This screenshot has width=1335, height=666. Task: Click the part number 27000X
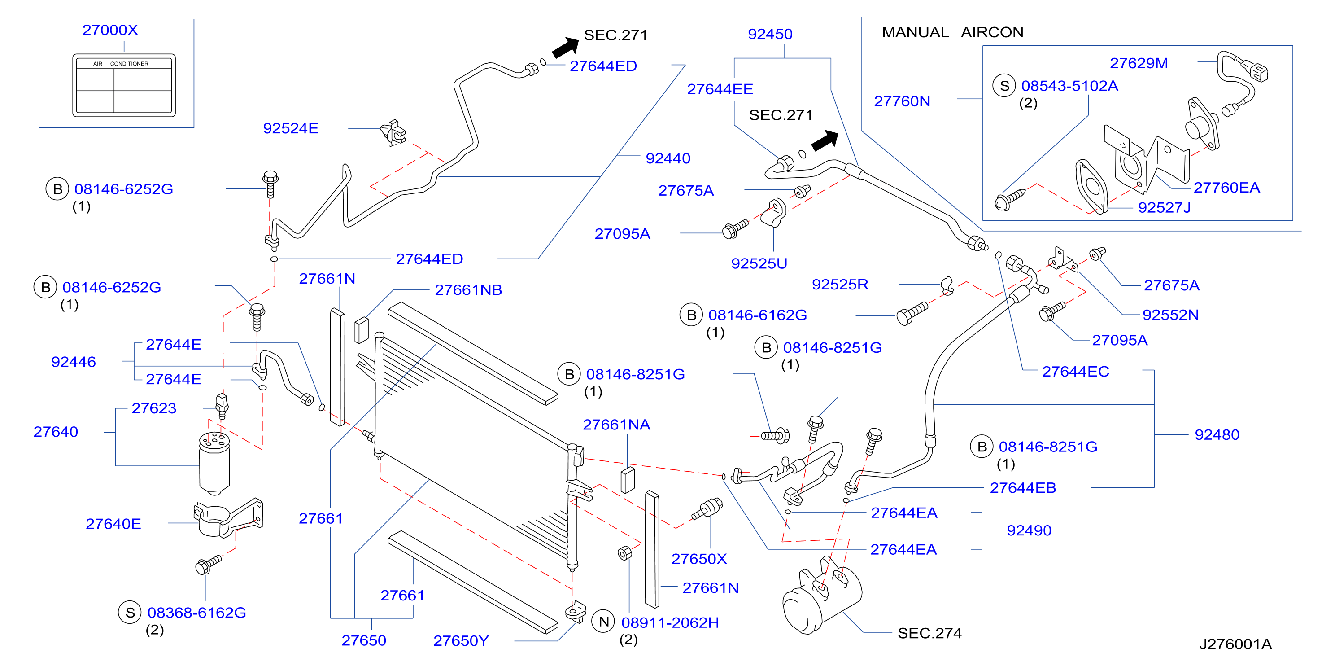point(110,30)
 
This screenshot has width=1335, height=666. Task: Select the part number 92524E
point(290,128)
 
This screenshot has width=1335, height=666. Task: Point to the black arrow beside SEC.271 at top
point(565,47)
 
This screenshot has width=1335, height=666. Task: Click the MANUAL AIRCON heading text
point(952,32)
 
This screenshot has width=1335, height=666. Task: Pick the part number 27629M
point(1139,63)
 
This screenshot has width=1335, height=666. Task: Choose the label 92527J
point(1164,207)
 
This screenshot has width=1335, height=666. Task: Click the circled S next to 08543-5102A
point(1004,86)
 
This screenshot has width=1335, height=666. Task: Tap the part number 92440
point(668,158)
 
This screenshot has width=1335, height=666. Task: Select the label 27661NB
point(468,290)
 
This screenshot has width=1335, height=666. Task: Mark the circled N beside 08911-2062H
point(604,622)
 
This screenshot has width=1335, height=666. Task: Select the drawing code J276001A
point(1235,644)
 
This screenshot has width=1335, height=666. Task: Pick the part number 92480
point(1217,434)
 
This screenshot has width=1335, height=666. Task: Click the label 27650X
point(699,559)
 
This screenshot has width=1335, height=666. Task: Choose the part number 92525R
point(840,284)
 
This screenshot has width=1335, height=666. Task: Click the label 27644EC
point(1075,371)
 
